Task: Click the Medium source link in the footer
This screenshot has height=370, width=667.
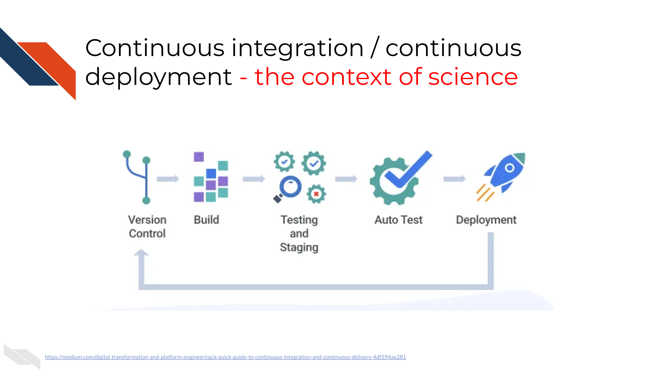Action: pos(225,357)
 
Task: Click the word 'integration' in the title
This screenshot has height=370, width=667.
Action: pos(297,49)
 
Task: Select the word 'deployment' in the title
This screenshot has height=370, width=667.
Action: pos(158,77)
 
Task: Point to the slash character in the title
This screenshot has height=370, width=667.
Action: pos(375,47)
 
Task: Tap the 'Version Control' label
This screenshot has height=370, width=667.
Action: pos(147,227)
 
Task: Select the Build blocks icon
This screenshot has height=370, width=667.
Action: pos(211,177)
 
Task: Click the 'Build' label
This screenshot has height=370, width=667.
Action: pos(207,220)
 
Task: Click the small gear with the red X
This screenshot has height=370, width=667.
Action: pos(316,194)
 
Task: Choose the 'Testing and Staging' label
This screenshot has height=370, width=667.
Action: pos(299,234)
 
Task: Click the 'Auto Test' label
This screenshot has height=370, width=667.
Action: pos(399,220)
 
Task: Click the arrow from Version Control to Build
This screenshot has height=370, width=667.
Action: pos(168,179)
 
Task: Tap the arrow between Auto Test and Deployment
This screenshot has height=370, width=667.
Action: pos(455,179)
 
